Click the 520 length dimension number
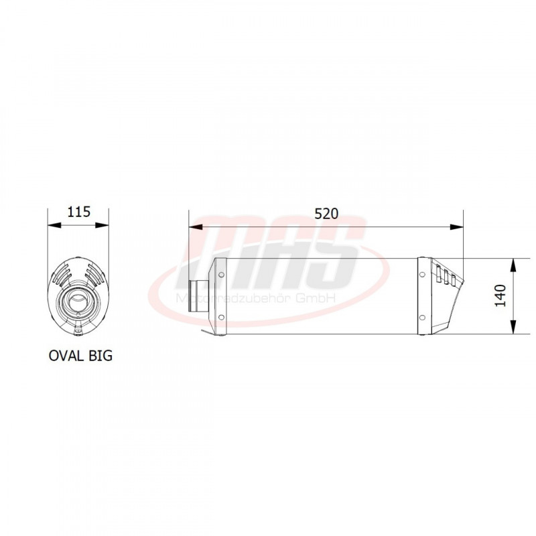coord(326,214)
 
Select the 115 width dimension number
coord(78,212)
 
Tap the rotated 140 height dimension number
coord(500,295)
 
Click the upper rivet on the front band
coord(221,274)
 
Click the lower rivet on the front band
coord(221,318)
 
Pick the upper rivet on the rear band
coord(422,273)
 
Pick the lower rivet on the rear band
coord(422,318)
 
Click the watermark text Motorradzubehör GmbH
coord(255,299)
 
